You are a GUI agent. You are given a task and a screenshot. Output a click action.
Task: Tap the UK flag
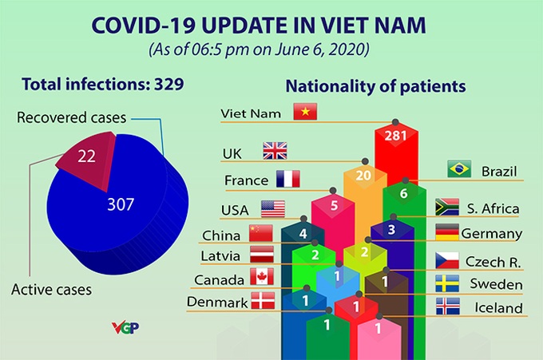click(275, 151)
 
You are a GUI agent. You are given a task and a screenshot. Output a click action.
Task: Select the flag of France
click(287, 179)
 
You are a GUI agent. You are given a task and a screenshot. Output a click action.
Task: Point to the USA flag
click(273, 209)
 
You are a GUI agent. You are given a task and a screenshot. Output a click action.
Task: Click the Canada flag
click(262, 276)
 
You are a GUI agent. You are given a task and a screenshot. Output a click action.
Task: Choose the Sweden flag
click(446, 283)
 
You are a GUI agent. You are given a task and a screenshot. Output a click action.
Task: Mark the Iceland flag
click(446, 307)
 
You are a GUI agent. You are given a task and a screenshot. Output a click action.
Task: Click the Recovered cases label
click(72, 118)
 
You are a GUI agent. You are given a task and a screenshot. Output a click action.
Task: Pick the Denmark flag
click(262, 301)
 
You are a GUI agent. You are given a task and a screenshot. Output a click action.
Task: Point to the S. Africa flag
click(446, 208)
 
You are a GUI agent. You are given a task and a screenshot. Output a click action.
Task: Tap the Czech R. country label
click(492, 261)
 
